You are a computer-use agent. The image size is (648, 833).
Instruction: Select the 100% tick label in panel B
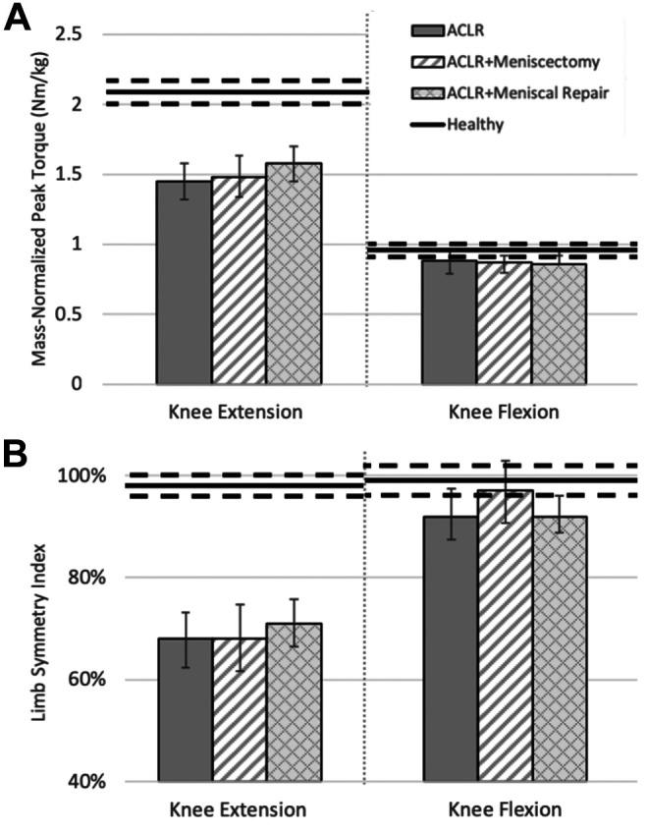click(86, 475)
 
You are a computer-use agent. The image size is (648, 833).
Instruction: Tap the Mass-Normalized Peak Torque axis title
click(41, 208)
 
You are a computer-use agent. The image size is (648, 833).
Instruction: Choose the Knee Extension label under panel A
click(238, 413)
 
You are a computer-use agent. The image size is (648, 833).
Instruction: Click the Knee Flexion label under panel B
click(505, 810)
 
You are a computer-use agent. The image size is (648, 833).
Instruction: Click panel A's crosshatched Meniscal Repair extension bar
click(294, 275)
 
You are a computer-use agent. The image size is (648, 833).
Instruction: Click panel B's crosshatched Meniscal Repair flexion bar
click(560, 648)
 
